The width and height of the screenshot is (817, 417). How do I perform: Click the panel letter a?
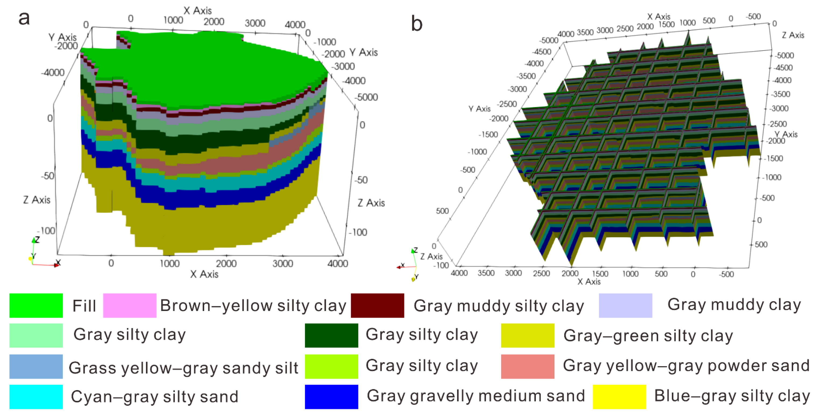[24, 18]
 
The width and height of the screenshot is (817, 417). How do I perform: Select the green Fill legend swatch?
[36, 305]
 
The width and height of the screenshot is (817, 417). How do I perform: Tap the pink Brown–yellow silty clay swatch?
[129, 305]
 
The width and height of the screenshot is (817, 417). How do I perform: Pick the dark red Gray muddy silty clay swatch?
[377, 305]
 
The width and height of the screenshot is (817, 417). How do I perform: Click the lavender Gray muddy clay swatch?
[625, 305]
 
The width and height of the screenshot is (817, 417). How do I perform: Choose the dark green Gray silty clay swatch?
[331, 335]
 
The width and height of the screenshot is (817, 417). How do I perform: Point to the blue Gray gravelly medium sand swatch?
[331, 397]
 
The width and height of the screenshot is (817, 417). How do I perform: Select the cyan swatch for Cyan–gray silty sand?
[36, 397]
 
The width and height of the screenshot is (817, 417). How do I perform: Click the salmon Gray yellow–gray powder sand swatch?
[528, 366]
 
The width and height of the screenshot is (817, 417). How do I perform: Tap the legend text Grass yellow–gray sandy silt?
[183, 368]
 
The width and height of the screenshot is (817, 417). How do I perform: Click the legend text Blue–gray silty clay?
[732, 396]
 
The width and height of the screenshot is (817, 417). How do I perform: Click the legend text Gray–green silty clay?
[648, 335]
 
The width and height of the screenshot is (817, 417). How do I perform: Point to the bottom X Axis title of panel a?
[204, 274]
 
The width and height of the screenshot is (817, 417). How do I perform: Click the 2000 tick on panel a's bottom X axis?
[226, 264]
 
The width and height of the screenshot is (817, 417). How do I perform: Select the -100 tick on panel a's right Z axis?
[358, 232]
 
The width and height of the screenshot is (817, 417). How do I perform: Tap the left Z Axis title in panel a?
[37, 200]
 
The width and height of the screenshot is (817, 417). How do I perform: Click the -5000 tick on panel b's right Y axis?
[784, 55]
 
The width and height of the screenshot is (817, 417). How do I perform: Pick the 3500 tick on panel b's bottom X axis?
[486, 273]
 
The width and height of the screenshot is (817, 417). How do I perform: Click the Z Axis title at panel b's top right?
[793, 35]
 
